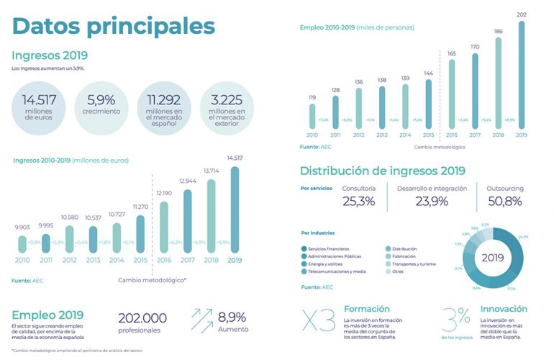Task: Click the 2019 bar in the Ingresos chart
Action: [x=235, y=211]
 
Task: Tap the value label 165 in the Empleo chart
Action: [x=452, y=53]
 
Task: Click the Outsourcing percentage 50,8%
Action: [x=504, y=201]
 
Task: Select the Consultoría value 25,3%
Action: [x=358, y=201]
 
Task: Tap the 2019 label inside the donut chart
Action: [x=493, y=257]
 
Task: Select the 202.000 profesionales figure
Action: [x=142, y=318]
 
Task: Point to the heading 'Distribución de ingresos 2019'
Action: [x=382, y=171]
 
